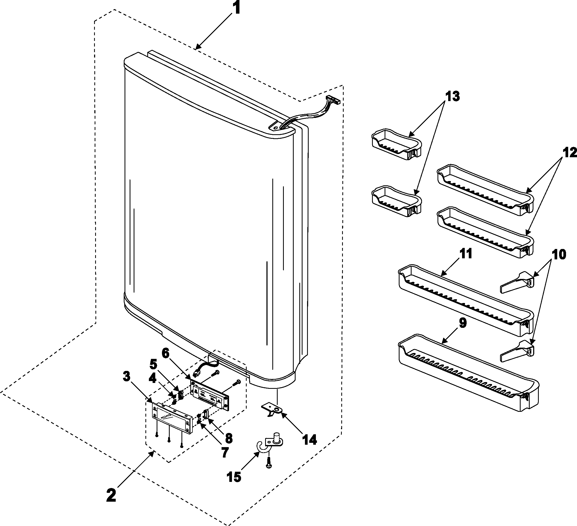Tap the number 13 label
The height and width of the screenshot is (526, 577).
pos(452,97)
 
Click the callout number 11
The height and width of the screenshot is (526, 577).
pos(466,254)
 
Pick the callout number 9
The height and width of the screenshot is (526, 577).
pos(463,323)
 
